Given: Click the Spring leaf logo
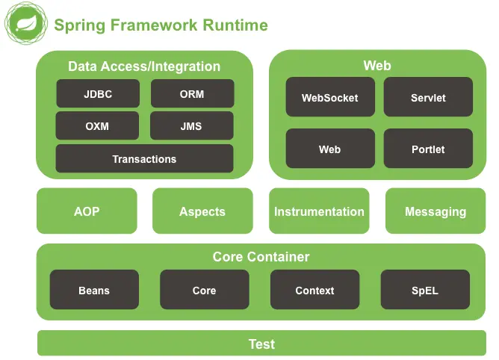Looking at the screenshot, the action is tap(26, 23).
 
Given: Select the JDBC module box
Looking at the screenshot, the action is tap(98, 93).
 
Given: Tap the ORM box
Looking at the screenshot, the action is tap(193, 93).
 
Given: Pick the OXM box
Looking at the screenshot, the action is tap(97, 125).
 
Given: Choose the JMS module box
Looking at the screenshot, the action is tap(192, 125).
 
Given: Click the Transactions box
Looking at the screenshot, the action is tap(144, 158).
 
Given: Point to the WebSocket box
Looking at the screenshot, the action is tap(330, 97).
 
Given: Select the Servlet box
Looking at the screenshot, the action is tap(428, 97).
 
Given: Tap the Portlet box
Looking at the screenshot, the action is tap(428, 149).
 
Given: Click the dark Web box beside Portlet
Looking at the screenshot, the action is tap(330, 149).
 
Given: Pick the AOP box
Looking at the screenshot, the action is tap(87, 211).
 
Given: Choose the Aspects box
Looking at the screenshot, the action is tap(202, 211).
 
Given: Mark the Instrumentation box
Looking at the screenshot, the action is tap(319, 211).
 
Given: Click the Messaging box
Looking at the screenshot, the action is tap(436, 211).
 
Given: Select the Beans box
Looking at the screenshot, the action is tap(95, 290).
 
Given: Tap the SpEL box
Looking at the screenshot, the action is tap(426, 290).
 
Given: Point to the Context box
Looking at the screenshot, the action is tap(315, 290).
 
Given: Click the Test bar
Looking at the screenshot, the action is tap(262, 343).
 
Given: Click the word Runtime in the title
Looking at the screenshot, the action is tap(235, 25).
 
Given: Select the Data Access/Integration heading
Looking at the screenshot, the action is tap(144, 66).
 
